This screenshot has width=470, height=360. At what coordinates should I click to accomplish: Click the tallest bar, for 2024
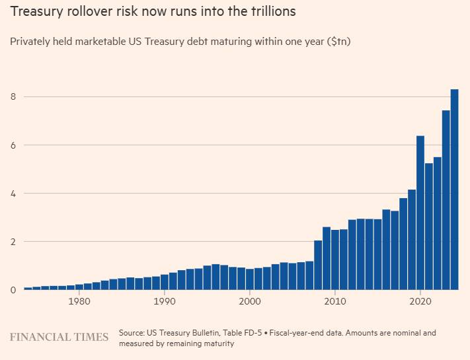(x=454, y=190)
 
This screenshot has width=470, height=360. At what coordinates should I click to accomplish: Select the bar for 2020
(x=420, y=213)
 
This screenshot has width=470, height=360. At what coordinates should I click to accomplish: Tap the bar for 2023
(x=446, y=199)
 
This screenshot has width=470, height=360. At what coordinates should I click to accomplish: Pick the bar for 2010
(x=335, y=260)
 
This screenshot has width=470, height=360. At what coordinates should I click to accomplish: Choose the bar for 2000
(x=250, y=279)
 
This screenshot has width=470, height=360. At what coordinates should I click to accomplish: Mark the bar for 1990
(x=165, y=282)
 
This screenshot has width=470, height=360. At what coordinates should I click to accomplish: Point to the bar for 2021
(x=429, y=227)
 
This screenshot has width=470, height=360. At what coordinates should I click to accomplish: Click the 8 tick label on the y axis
(x=13, y=96)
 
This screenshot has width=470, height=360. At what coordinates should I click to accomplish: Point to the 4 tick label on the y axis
(x=13, y=194)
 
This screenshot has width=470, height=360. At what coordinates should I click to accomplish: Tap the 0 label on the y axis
(x=13, y=290)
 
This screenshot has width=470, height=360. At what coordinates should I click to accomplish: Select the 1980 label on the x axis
(x=79, y=301)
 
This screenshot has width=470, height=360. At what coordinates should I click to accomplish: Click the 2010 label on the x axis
(x=335, y=301)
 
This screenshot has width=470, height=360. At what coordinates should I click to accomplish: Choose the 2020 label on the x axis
(x=420, y=301)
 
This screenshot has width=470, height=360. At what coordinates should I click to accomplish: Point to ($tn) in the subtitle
(x=339, y=42)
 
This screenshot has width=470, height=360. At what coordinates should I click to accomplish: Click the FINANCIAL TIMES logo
(x=59, y=337)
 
